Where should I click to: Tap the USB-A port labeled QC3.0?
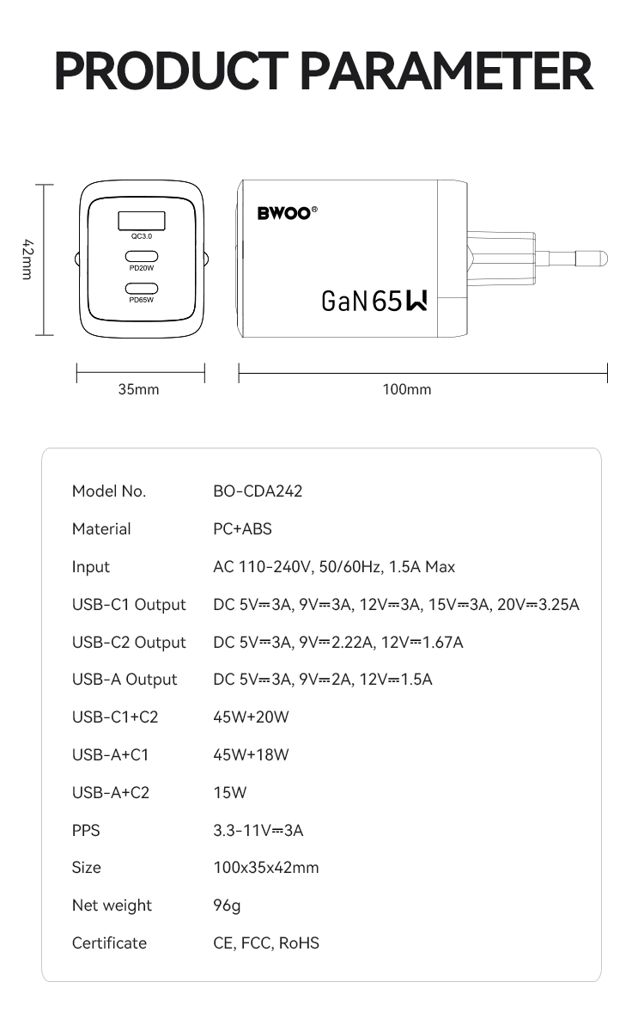coord(142,220)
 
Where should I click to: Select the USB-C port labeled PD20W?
coord(142,256)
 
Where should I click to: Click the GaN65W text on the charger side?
coord(374,301)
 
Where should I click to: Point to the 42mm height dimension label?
coord(27,259)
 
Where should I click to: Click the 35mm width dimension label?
coord(138,389)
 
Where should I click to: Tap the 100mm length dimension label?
coord(407,389)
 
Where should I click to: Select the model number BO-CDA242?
coord(258,491)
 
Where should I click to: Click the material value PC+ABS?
coord(242,529)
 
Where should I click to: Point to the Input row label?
coord(91,567)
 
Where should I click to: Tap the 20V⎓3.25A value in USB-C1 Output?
coord(538,605)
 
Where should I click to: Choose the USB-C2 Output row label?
coord(129,643)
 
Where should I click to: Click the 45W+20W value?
coord(251,717)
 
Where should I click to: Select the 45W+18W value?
coord(251,755)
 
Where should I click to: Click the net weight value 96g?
coord(227,906)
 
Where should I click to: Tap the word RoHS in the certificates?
coord(300,943)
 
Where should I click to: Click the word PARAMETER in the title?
coord(449,71)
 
